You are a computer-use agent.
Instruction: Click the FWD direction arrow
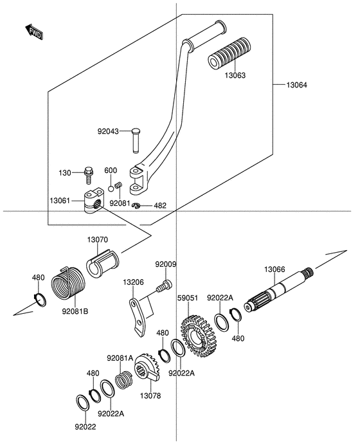tap(34, 32)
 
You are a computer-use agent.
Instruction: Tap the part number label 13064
tap(296, 85)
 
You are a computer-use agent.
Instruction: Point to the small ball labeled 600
tap(111, 188)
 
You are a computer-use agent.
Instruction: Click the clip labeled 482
tap(137, 205)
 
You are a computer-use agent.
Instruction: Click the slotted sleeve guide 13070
tap(103, 264)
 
